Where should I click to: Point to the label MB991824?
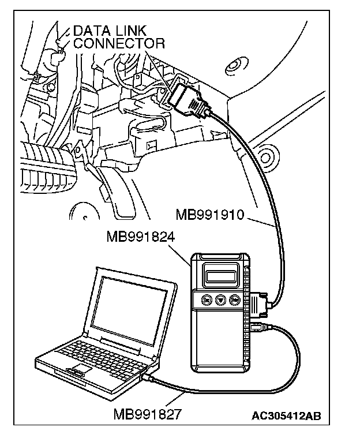(141, 237)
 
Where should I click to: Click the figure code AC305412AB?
(287, 415)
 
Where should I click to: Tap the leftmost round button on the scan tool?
(205, 300)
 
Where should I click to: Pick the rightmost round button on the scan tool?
(235, 300)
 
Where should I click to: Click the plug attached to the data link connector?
(190, 100)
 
